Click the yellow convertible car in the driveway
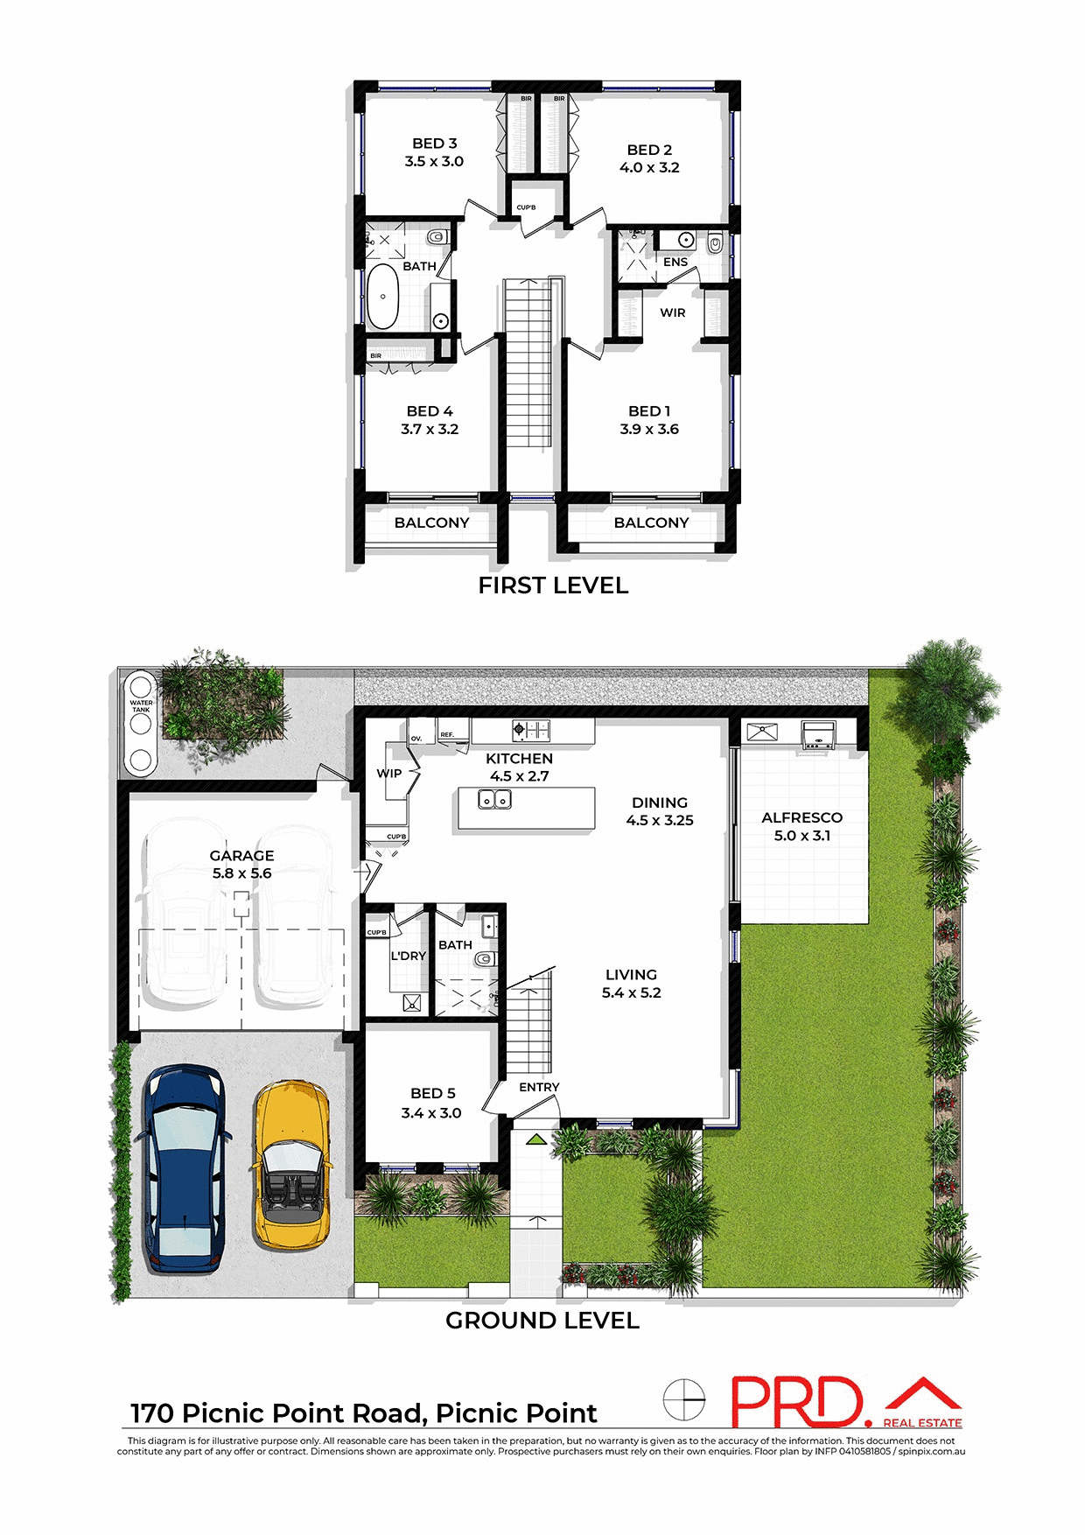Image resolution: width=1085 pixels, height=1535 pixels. [x=291, y=1164]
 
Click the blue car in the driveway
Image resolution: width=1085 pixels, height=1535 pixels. [x=184, y=1168]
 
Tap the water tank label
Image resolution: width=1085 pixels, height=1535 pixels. [x=141, y=705]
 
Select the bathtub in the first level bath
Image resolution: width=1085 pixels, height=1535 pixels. [x=382, y=296]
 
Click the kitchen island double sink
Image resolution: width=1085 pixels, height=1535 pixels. [x=494, y=799]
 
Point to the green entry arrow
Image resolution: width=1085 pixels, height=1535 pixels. [x=535, y=1139]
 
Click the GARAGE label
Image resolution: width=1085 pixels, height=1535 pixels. [x=241, y=855]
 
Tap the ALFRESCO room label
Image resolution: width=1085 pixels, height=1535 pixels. [x=801, y=817]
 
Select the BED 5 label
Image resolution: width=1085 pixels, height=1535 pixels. [x=432, y=1093]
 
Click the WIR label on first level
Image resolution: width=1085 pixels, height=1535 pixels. [x=672, y=312]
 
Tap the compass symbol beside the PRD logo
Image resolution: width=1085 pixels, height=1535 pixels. [x=683, y=1399]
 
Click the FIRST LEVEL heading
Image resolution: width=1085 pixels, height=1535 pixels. [x=553, y=585]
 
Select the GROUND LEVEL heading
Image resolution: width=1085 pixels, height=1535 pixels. [x=542, y=1321]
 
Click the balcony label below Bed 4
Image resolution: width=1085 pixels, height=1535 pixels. [x=431, y=522]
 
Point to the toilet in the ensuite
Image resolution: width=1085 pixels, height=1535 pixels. [x=715, y=243]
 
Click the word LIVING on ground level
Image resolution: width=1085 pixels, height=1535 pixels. [x=631, y=974]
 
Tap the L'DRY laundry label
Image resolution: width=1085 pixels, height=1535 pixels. [x=408, y=956]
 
